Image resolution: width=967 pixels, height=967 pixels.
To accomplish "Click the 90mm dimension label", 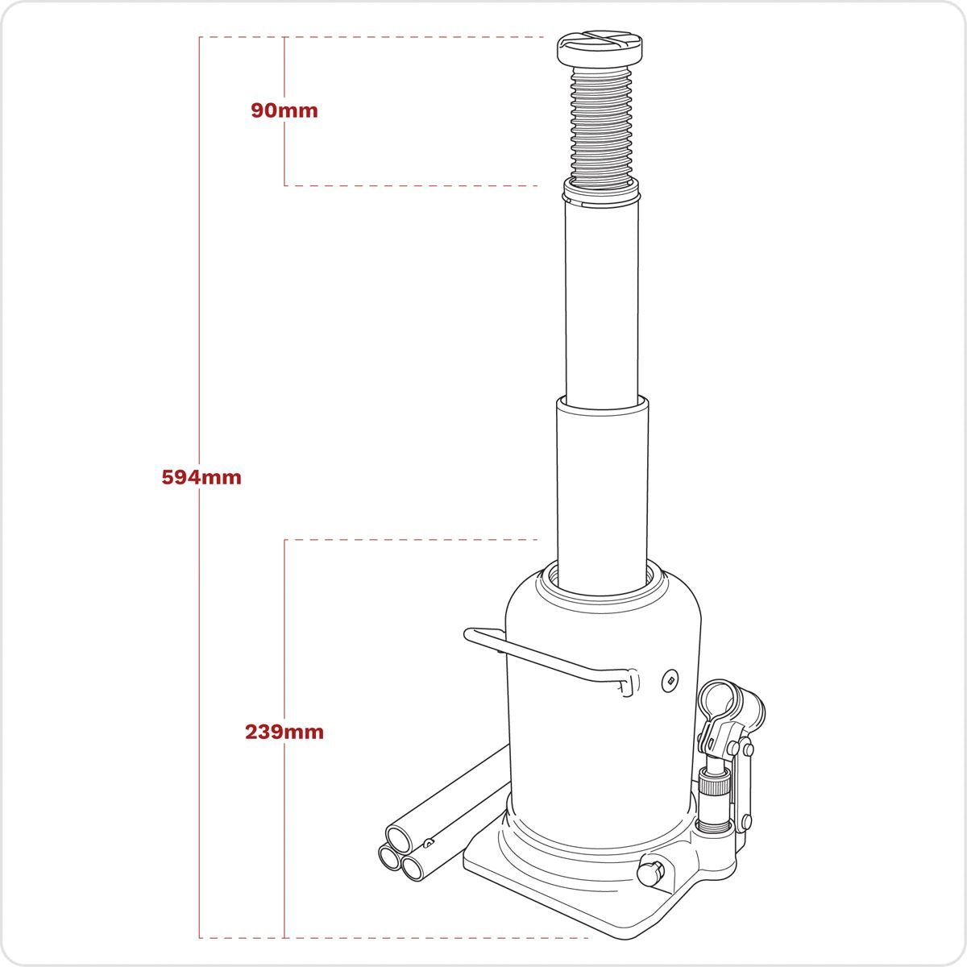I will [284, 110].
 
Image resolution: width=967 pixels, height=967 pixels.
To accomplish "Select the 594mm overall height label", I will [201, 477].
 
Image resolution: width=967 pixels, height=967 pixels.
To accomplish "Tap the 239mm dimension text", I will [284, 733].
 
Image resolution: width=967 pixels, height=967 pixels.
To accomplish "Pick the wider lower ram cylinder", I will [601, 483].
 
